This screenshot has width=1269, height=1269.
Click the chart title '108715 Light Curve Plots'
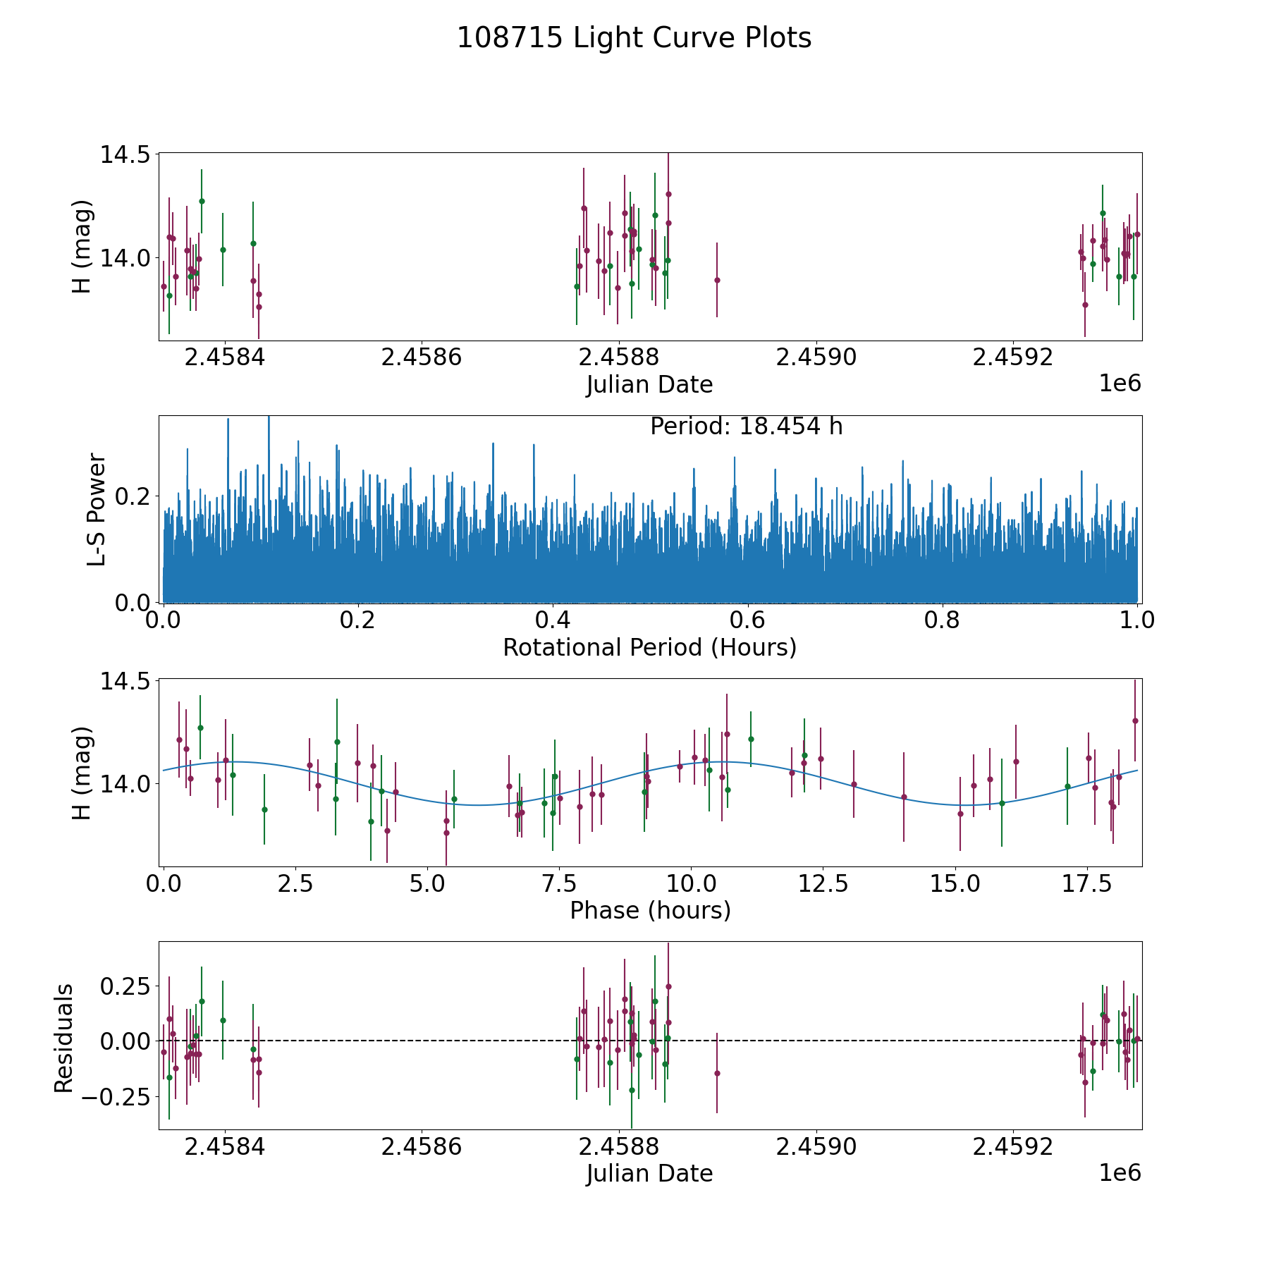tap(634, 38)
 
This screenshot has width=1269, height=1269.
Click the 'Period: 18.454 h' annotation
tap(746, 427)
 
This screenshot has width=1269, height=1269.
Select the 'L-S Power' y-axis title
tap(97, 509)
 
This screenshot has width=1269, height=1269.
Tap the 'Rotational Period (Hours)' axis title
tap(649, 647)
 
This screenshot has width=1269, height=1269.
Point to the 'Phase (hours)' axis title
tap(649, 911)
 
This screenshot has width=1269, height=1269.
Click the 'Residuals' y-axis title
tap(63, 1038)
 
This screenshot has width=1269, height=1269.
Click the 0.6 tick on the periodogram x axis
tap(747, 621)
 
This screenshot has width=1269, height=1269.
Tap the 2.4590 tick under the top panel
tap(816, 357)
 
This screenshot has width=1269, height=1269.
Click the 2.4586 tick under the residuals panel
tap(421, 1147)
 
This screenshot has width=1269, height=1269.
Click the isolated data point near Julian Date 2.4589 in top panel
tap(717, 280)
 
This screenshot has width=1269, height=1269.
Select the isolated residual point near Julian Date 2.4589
tap(717, 1074)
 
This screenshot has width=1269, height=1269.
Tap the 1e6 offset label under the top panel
tap(1120, 384)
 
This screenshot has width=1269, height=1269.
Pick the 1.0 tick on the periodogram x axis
tap(1137, 621)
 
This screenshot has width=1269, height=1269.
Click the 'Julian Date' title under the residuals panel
tap(649, 1174)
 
